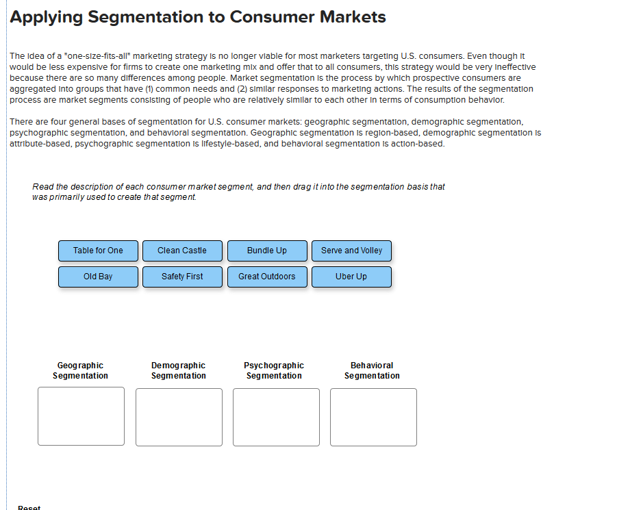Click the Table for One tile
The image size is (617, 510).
coord(98,251)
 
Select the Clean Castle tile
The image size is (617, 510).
coord(182,251)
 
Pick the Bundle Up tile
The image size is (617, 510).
coord(267,251)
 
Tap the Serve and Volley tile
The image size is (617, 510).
coord(351,251)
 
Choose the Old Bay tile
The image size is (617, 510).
coord(98,277)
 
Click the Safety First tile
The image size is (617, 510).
coord(182,277)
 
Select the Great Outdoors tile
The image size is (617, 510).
coord(267,277)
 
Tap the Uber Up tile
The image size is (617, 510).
coord(351,277)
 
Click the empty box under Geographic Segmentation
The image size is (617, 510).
coord(81,416)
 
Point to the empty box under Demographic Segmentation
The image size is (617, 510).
coord(179,417)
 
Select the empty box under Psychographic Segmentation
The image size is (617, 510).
coord(276,417)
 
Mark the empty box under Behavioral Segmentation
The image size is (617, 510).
coord(373,417)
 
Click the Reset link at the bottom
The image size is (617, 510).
coord(29,507)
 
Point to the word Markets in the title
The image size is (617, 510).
coord(353,17)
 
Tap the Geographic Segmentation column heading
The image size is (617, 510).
coord(80,370)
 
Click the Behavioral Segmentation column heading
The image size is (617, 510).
coord(372,370)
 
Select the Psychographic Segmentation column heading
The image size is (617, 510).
coord(274,370)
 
